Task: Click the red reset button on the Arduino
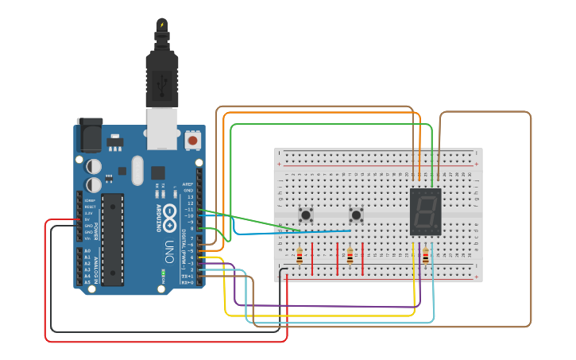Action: pos(192,141)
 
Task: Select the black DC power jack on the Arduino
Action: pos(89,136)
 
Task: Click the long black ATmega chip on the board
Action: pos(112,238)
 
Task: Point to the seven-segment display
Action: pos(425,212)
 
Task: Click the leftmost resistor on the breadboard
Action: pos(299,256)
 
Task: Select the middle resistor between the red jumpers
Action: pos(350,256)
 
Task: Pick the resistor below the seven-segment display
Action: pos(426,256)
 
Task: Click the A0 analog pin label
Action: pos(87,251)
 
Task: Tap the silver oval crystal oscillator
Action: pos(137,170)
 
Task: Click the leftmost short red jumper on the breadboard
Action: pos(312,259)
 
